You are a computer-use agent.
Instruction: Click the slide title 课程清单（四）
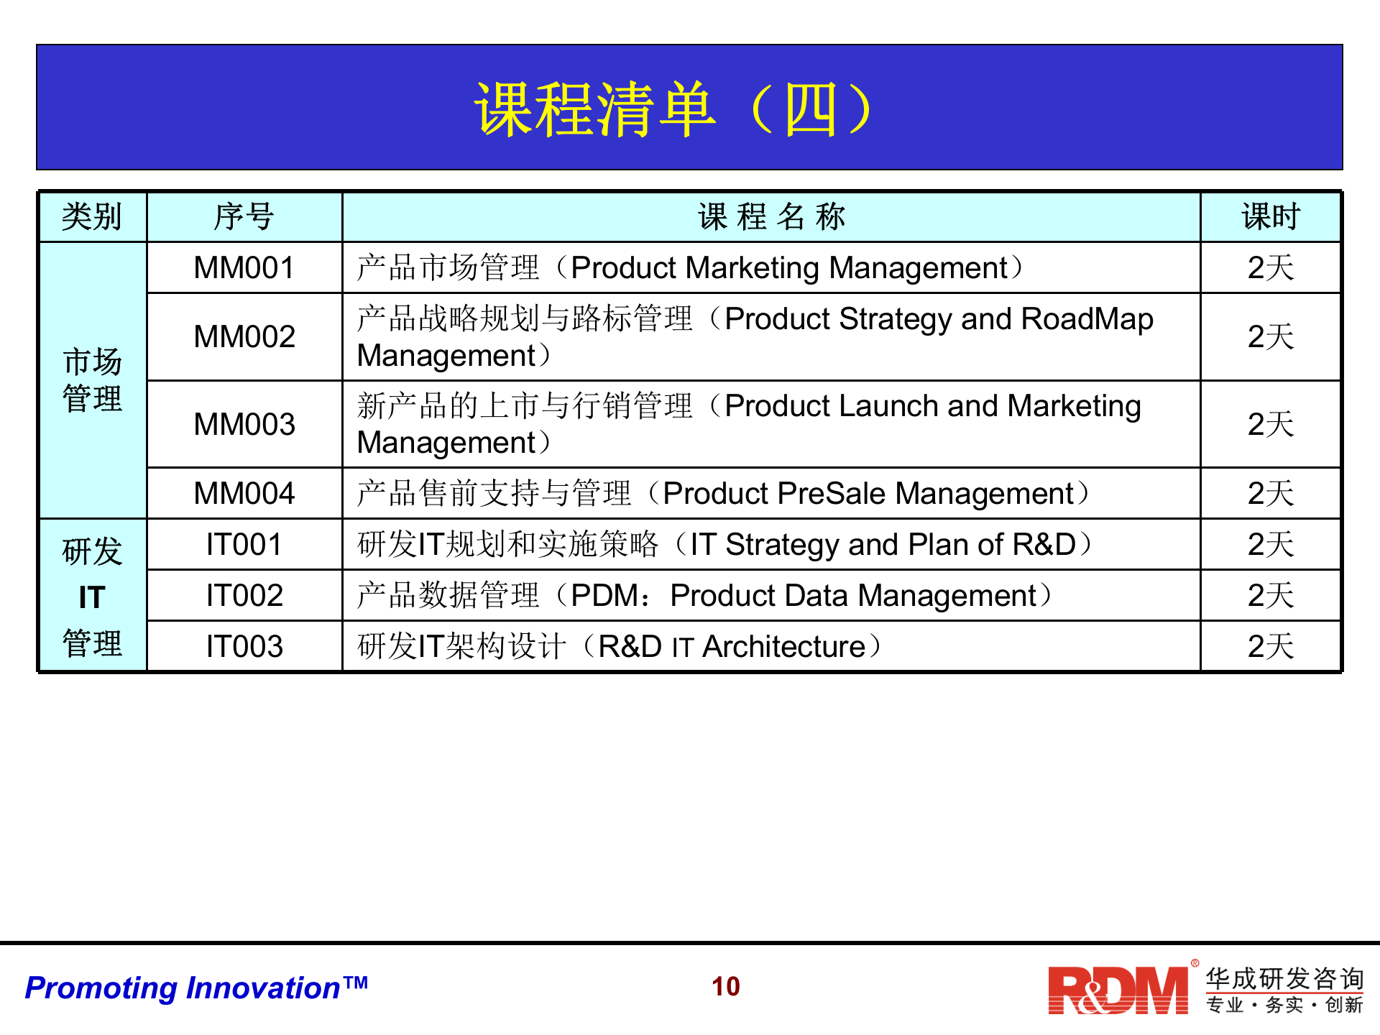click(674, 109)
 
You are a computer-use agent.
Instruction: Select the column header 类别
click(92, 216)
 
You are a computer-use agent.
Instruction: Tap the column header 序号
click(244, 216)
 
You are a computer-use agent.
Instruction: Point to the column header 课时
click(1271, 216)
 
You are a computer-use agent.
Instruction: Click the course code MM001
click(244, 268)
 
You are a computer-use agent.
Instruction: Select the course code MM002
click(244, 336)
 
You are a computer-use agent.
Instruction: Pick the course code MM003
click(244, 424)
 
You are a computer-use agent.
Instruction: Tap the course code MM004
click(244, 494)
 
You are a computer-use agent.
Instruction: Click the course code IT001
click(244, 545)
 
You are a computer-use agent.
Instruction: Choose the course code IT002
click(244, 596)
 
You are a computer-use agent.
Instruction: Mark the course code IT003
click(244, 647)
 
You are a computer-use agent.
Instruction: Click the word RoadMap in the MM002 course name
click(1087, 319)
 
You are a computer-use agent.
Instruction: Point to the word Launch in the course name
click(888, 406)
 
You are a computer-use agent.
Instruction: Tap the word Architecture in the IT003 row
click(783, 647)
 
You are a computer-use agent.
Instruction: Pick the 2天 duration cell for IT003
click(1271, 647)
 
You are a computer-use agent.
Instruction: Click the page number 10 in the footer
click(726, 987)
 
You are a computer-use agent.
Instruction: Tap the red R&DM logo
click(1118, 990)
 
